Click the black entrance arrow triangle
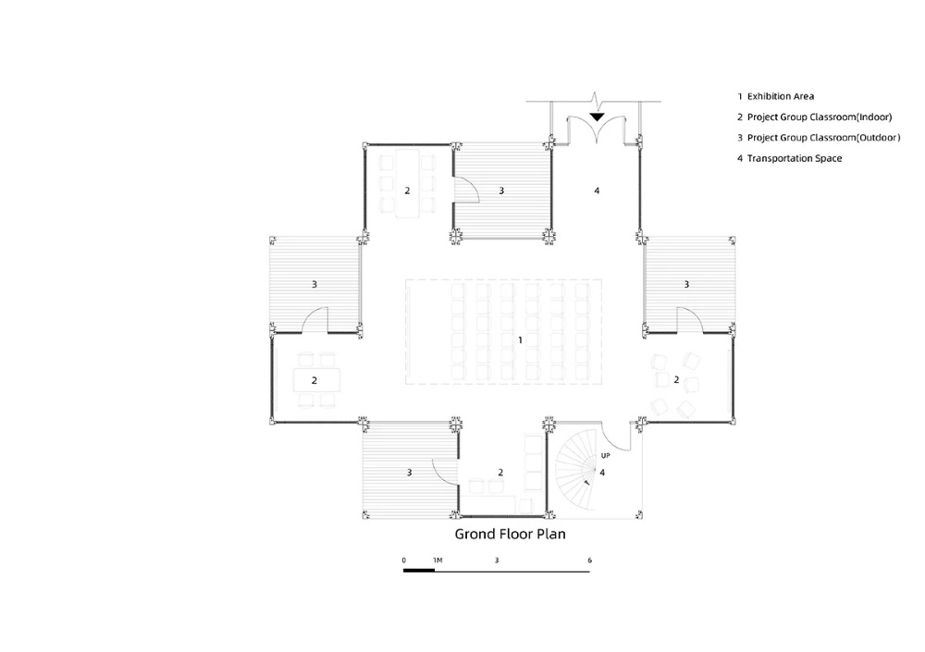(x=597, y=117)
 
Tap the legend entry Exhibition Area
(x=781, y=96)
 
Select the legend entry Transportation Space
(x=794, y=158)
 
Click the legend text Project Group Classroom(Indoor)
(x=820, y=117)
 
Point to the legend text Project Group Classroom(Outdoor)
(x=823, y=138)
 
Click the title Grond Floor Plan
(x=510, y=534)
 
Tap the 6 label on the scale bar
(x=589, y=560)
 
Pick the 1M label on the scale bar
(x=438, y=560)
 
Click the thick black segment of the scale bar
(x=419, y=571)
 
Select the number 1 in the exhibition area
(x=520, y=339)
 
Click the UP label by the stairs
(x=605, y=456)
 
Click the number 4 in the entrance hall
(x=597, y=191)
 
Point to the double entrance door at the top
(x=597, y=128)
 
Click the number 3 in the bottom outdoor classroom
(x=409, y=473)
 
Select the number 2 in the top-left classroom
(x=407, y=191)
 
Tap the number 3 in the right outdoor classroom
(x=686, y=285)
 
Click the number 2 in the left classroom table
(x=314, y=381)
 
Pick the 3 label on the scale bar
(x=496, y=560)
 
